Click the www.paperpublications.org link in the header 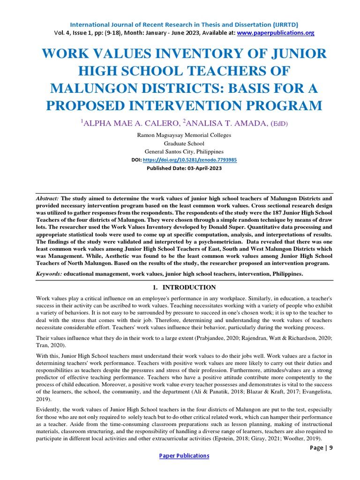276,33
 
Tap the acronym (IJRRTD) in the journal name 281,24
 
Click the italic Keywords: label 49,273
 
